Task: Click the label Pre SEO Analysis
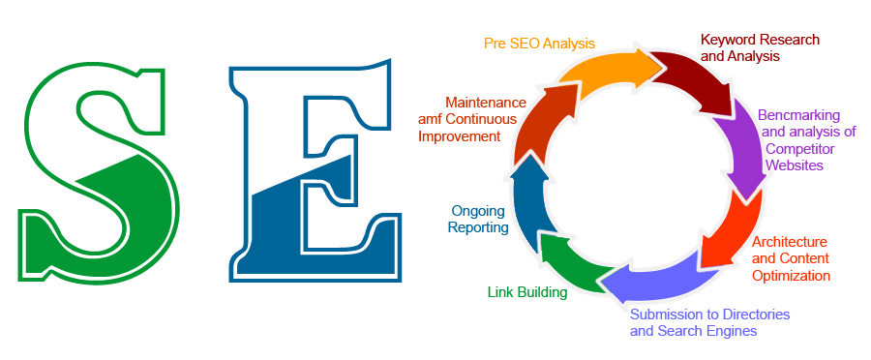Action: (x=539, y=44)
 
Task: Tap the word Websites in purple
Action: (x=794, y=165)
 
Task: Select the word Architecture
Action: (x=790, y=242)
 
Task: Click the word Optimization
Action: (x=792, y=275)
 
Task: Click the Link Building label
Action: (x=526, y=292)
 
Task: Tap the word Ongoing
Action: (x=478, y=210)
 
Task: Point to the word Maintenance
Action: (x=486, y=103)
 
